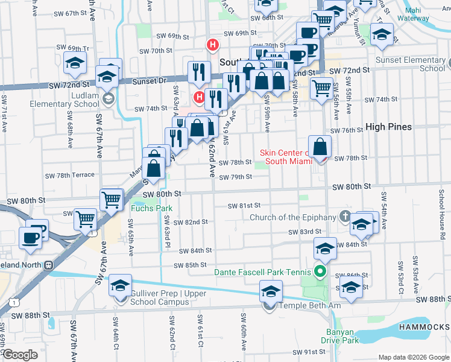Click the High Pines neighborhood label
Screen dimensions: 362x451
pos(389,127)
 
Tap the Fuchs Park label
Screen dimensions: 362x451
pos(152,209)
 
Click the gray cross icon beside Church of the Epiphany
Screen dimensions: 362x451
pos(344,215)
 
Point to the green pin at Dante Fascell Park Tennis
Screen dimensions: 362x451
pos(322,272)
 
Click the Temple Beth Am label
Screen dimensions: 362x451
pos(309,306)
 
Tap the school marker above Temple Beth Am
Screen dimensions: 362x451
pos(271,292)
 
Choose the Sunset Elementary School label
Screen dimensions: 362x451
pos(410,64)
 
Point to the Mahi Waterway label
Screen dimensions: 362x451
pos(430,14)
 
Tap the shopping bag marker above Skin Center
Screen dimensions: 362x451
pos(320,147)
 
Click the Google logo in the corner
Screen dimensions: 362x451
pos(20,355)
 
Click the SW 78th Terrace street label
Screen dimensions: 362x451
pos(70,175)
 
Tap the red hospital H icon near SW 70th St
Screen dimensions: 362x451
pos(212,44)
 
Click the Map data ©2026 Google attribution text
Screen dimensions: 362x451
pos(413,357)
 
